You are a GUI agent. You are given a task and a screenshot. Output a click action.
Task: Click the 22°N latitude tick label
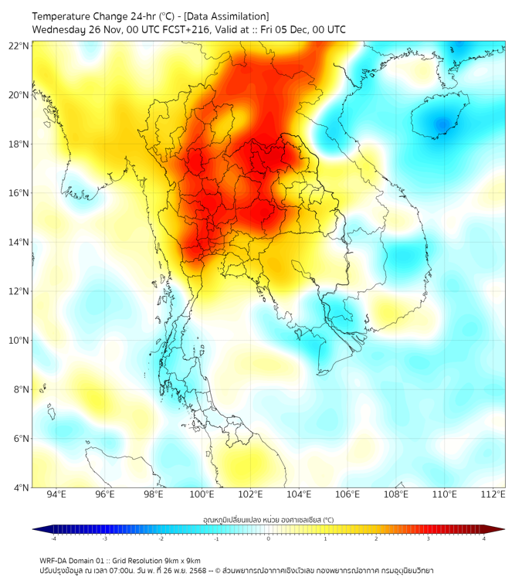[19, 46]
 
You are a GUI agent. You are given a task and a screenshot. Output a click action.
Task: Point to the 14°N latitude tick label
[19, 243]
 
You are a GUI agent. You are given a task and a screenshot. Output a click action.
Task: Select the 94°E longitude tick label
[56, 494]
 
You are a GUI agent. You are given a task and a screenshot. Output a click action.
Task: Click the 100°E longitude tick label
[202, 494]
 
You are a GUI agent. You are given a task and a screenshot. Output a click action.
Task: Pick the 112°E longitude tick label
[493, 494]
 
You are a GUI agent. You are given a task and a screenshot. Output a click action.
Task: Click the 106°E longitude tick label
[347, 494]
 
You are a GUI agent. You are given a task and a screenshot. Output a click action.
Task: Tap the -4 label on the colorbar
[53, 538]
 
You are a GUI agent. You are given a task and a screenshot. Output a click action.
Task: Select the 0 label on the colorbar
[269, 538]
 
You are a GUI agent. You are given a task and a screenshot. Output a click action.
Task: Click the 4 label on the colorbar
[483, 538]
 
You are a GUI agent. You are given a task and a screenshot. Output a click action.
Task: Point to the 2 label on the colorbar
[376, 538]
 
